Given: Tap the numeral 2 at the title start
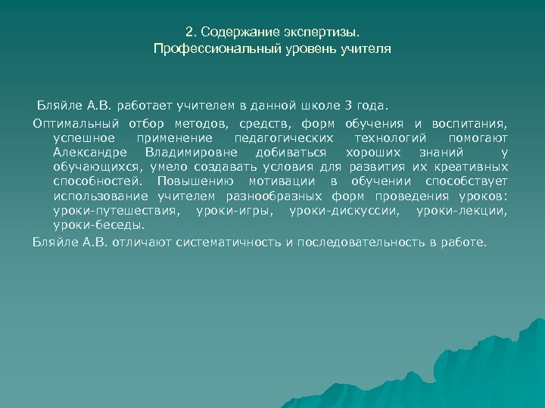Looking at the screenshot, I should tap(189, 33).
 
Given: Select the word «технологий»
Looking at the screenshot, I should tap(389, 138).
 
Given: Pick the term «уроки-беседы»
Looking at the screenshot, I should tap(98, 224).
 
